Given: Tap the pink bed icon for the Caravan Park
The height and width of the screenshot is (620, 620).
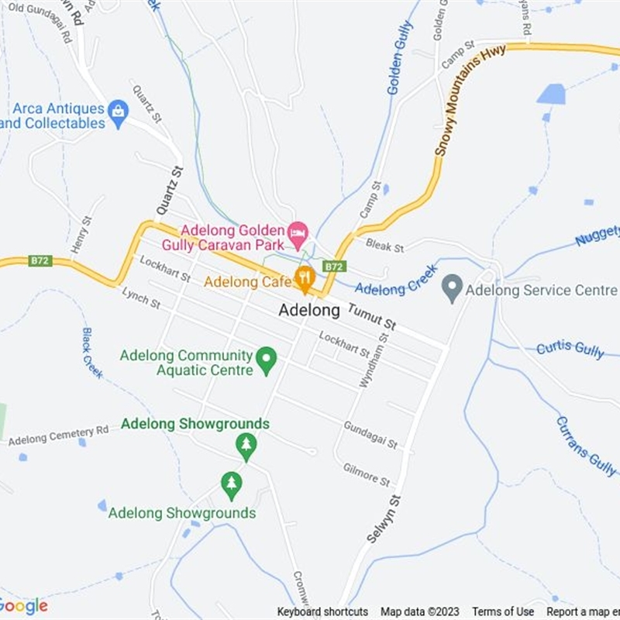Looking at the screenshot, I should [297, 232].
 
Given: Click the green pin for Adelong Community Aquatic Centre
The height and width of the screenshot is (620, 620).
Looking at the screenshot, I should [267, 360].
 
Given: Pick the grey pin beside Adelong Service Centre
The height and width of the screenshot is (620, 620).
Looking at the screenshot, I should [451, 290].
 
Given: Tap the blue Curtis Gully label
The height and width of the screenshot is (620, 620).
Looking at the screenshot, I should [570, 349].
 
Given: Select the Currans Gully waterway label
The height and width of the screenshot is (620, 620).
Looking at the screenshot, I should [585, 446].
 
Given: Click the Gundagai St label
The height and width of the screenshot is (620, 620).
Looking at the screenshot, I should [370, 436].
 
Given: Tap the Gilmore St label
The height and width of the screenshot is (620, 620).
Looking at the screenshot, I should [367, 475].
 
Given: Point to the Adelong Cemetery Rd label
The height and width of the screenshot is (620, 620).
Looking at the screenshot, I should [59, 436].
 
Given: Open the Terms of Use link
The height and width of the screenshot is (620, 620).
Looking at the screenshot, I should [503, 611].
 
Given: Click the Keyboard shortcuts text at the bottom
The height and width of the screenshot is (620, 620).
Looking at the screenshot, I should [322, 611].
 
